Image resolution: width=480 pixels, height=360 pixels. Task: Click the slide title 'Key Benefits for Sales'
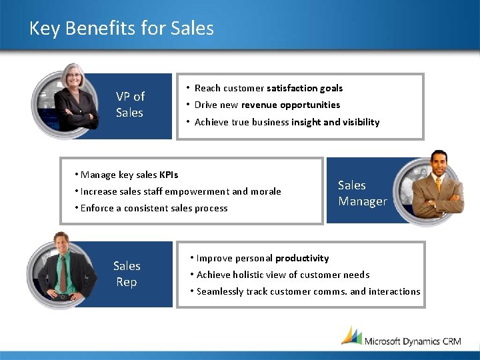point(121,29)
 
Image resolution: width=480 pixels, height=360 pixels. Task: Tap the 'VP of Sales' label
point(129,105)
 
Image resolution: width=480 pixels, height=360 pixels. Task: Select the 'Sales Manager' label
point(362,193)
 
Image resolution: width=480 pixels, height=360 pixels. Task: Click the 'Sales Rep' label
point(126,274)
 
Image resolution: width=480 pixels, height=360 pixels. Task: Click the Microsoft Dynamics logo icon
point(351,335)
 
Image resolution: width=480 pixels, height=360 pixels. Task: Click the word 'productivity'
point(302,258)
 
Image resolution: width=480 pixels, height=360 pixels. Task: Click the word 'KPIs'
point(169,175)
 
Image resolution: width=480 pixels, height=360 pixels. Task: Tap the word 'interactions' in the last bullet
point(395,291)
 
